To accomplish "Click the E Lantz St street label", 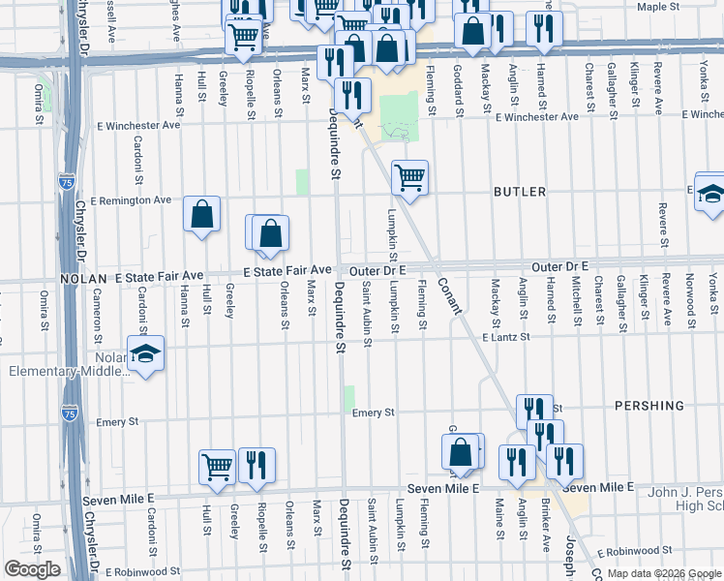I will pos(506,337).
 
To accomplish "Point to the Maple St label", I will pos(659,7).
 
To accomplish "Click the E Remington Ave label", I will pos(130,200).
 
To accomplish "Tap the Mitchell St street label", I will pos(575,299).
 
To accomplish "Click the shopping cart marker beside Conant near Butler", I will pos(409,177).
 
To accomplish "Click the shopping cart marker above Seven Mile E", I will pos(218,466).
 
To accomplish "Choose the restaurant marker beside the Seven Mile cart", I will pos(256,465).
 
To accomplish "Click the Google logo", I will pos(32,569).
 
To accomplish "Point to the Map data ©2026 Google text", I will pos(663,573).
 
